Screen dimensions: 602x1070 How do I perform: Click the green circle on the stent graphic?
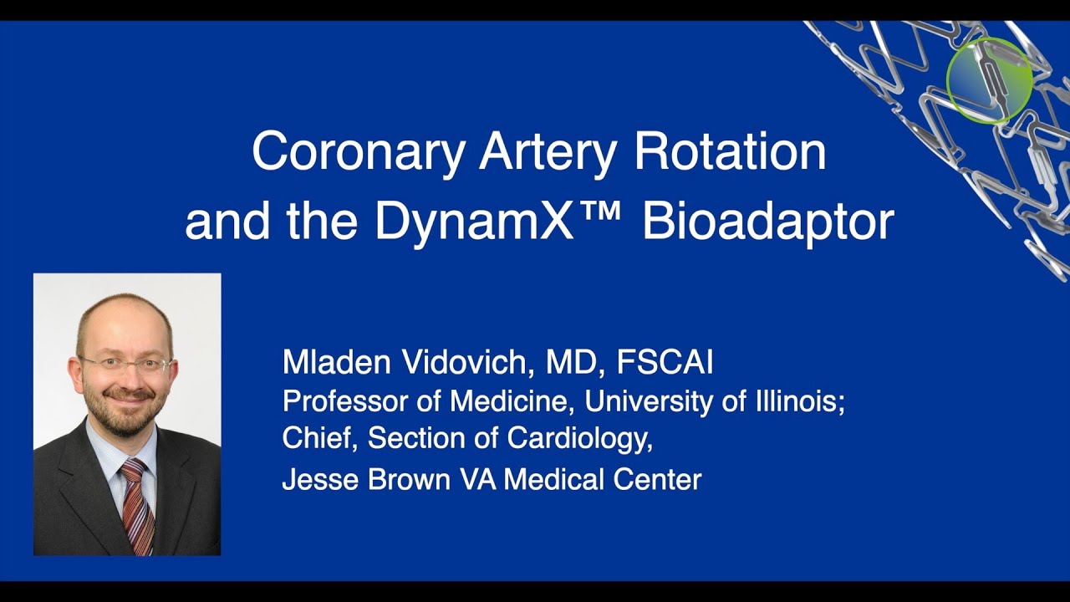990,80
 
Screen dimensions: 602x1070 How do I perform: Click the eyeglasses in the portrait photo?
125,365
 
